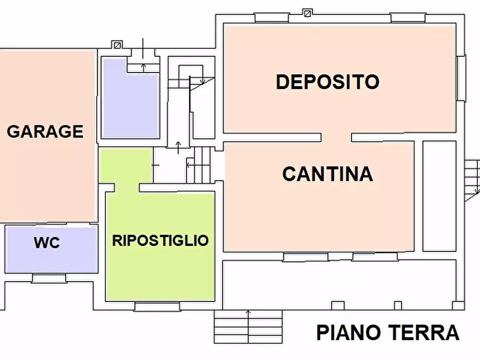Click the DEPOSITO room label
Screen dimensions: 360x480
coord(327,82)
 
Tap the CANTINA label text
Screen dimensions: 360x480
coord(327,174)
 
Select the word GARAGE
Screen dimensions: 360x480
coord(45,131)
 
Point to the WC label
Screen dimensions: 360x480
coord(47,243)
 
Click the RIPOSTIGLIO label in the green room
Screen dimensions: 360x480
coord(160,240)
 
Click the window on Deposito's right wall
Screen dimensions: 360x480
coord(461,78)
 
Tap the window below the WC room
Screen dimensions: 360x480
coord(49,278)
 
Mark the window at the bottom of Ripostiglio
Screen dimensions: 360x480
coord(157,307)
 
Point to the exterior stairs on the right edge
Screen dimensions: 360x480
coord(472,180)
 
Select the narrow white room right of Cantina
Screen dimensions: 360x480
coord(439,196)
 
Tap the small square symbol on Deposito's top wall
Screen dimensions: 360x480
coord(307,12)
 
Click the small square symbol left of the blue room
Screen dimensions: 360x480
coord(117,45)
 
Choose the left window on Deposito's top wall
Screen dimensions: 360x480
coord(271,18)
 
